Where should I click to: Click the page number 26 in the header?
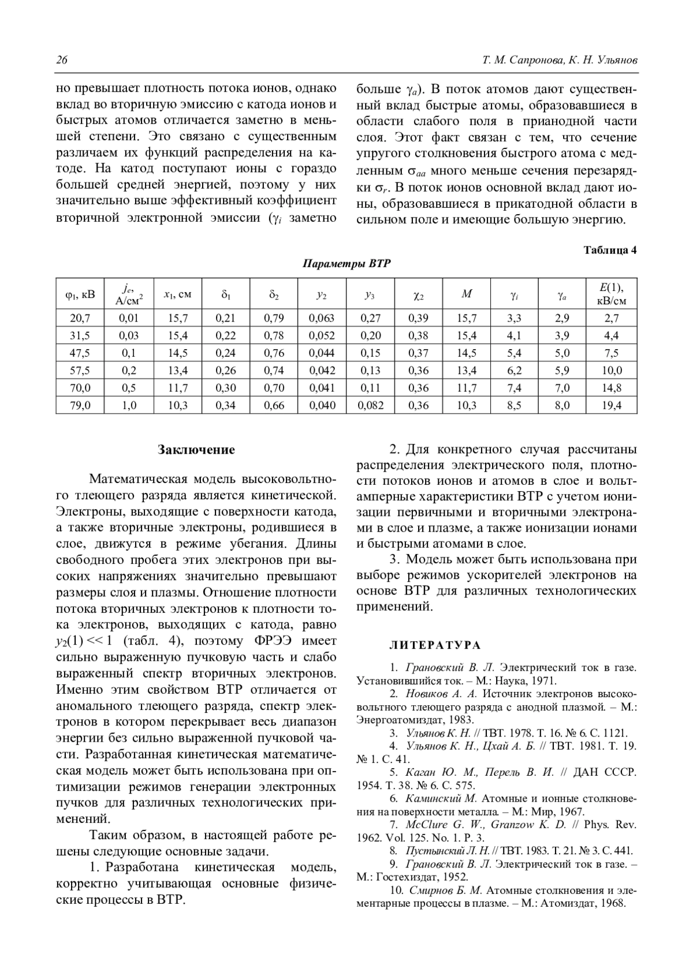(x=62, y=61)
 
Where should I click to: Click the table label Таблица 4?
(x=610, y=250)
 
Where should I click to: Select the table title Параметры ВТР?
(x=346, y=264)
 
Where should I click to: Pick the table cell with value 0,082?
(x=370, y=405)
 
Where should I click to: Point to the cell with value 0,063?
(x=322, y=318)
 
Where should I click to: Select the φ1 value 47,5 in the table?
(x=80, y=353)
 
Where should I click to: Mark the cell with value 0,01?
(x=129, y=318)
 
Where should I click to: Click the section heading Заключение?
(x=196, y=450)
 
